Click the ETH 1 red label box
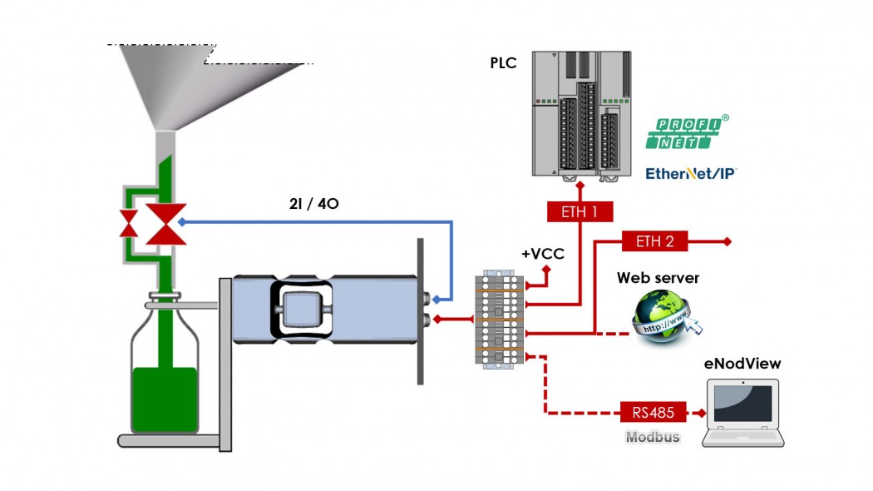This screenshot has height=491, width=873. coord(580,212)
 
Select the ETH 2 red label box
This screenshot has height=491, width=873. coord(654,242)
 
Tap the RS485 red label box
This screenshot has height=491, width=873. coord(653,412)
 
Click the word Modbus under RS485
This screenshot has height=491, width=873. coord(653,437)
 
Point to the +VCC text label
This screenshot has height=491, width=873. coord(542,254)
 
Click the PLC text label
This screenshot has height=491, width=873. coord(503,63)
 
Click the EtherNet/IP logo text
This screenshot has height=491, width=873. coord(691,174)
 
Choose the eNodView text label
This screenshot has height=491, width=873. coord(742,364)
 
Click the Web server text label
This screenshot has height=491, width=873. coord(658,278)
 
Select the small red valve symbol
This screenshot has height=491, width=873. coord(129,224)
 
